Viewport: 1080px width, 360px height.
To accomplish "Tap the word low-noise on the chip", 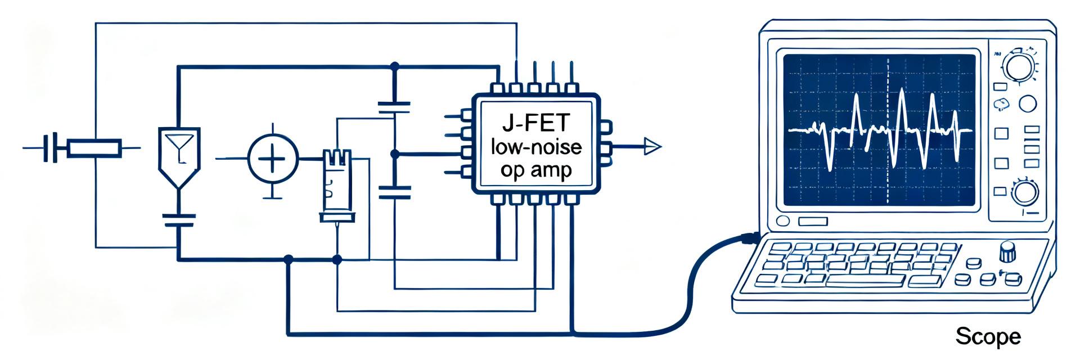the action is pos(536,147).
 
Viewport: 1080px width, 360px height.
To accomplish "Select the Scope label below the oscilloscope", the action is pos(988,337).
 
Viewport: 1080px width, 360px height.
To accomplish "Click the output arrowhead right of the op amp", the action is pos(652,147).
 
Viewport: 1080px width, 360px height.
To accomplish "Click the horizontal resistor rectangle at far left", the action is pos(94,148).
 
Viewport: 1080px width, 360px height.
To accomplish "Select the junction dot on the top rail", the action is pos(394,66).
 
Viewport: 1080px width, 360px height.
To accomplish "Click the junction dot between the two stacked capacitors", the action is pos(394,153).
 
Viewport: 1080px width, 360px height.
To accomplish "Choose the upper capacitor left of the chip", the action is pos(394,109).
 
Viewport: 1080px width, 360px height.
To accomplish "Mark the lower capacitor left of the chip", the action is pos(394,192).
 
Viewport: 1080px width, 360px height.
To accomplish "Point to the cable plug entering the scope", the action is pos(750,238).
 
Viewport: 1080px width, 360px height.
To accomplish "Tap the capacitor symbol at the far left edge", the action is pos(51,148).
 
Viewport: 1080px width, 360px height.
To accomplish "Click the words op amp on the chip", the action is pos(535,170).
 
